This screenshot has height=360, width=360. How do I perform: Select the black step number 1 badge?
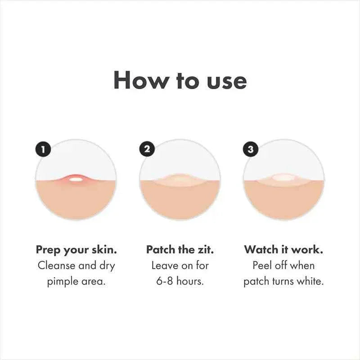(44, 149)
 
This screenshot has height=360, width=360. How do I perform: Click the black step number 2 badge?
(147, 149)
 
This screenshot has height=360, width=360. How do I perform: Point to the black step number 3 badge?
(251, 149)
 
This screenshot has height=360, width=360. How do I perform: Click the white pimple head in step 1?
(76, 180)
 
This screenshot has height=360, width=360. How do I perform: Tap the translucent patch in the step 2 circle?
(180, 180)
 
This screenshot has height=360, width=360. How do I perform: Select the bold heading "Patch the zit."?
(180, 249)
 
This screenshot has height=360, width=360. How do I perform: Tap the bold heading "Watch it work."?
(283, 249)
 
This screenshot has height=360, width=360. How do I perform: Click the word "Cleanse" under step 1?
(56, 265)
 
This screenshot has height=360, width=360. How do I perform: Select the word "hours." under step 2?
(191, 282)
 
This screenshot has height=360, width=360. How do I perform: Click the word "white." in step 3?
(311, 282)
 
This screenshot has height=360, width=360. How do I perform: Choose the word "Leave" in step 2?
(165, 265)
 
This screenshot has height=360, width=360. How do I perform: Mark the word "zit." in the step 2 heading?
(205, 249)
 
